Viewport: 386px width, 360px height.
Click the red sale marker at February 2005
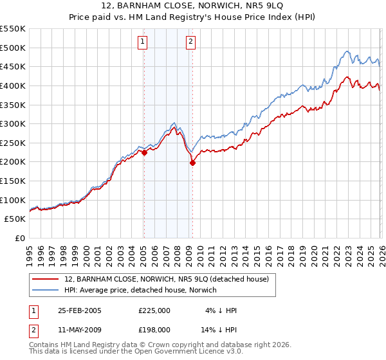[144, 152]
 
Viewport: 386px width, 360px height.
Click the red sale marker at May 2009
[192, 163]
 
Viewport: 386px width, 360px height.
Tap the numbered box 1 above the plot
[142, 42]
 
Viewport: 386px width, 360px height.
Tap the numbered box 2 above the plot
[191, 42]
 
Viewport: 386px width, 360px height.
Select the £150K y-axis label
[13, 181]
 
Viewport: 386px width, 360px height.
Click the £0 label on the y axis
[19, 238]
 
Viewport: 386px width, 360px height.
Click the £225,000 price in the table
[154, 310]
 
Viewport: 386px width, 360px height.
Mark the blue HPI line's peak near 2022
[346, 51]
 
